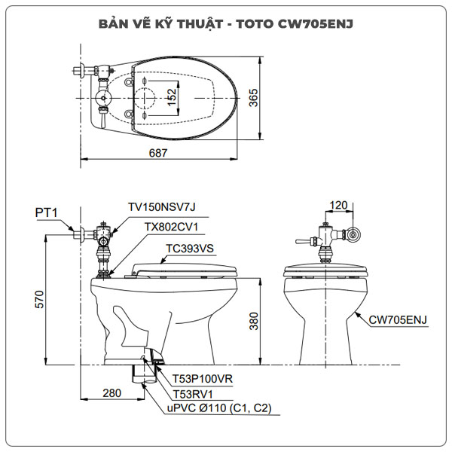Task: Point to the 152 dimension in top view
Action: coord(172,96)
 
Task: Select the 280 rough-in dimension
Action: coord(112,393)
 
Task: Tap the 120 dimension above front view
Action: coord(339,204)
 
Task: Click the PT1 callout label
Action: coord(46,213)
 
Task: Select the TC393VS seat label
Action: coord(190,247)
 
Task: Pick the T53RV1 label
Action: coord(193,394)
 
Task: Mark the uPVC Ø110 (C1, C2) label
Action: coord(218,408)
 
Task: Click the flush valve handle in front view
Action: coord(303,241)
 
